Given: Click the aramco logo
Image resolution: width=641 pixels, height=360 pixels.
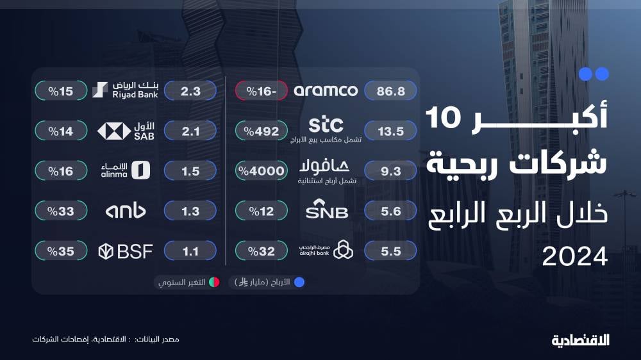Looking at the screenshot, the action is (326, 91).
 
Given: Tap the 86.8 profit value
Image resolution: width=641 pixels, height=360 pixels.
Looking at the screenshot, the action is (390, 91).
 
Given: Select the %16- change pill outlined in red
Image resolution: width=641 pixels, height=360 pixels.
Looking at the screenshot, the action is (262, 91).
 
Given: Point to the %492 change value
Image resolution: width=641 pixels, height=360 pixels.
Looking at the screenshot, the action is (262, 131).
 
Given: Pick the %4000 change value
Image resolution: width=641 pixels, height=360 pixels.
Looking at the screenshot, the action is (262, 171).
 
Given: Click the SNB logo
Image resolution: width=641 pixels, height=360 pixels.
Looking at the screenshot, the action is (327, 209).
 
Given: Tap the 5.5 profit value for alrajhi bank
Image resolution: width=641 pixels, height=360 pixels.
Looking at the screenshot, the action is (390, 251).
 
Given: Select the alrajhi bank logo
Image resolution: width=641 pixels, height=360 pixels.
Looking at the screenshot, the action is (326, 250).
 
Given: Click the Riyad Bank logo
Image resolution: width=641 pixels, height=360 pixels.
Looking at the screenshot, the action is (125, 90).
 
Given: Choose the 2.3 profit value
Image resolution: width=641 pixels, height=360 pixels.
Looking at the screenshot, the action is (190, 91).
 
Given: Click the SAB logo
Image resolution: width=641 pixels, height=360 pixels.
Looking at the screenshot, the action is (126, 131).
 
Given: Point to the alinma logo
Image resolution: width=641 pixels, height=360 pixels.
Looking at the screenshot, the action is (126, 170).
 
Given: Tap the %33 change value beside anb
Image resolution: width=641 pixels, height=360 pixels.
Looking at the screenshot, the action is (61, 211).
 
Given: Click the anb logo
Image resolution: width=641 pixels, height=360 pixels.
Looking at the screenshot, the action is (126, 211).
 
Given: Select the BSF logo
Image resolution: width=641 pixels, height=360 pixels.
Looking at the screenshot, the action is (126, 251).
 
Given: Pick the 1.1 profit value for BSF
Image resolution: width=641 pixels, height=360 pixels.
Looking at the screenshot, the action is (190, 251).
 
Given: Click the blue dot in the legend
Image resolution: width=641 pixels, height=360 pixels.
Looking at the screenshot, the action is (299, 282).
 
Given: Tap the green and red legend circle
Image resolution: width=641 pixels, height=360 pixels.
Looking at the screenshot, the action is (214, 282).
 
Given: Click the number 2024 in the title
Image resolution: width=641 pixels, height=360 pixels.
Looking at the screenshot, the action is (575, 257).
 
